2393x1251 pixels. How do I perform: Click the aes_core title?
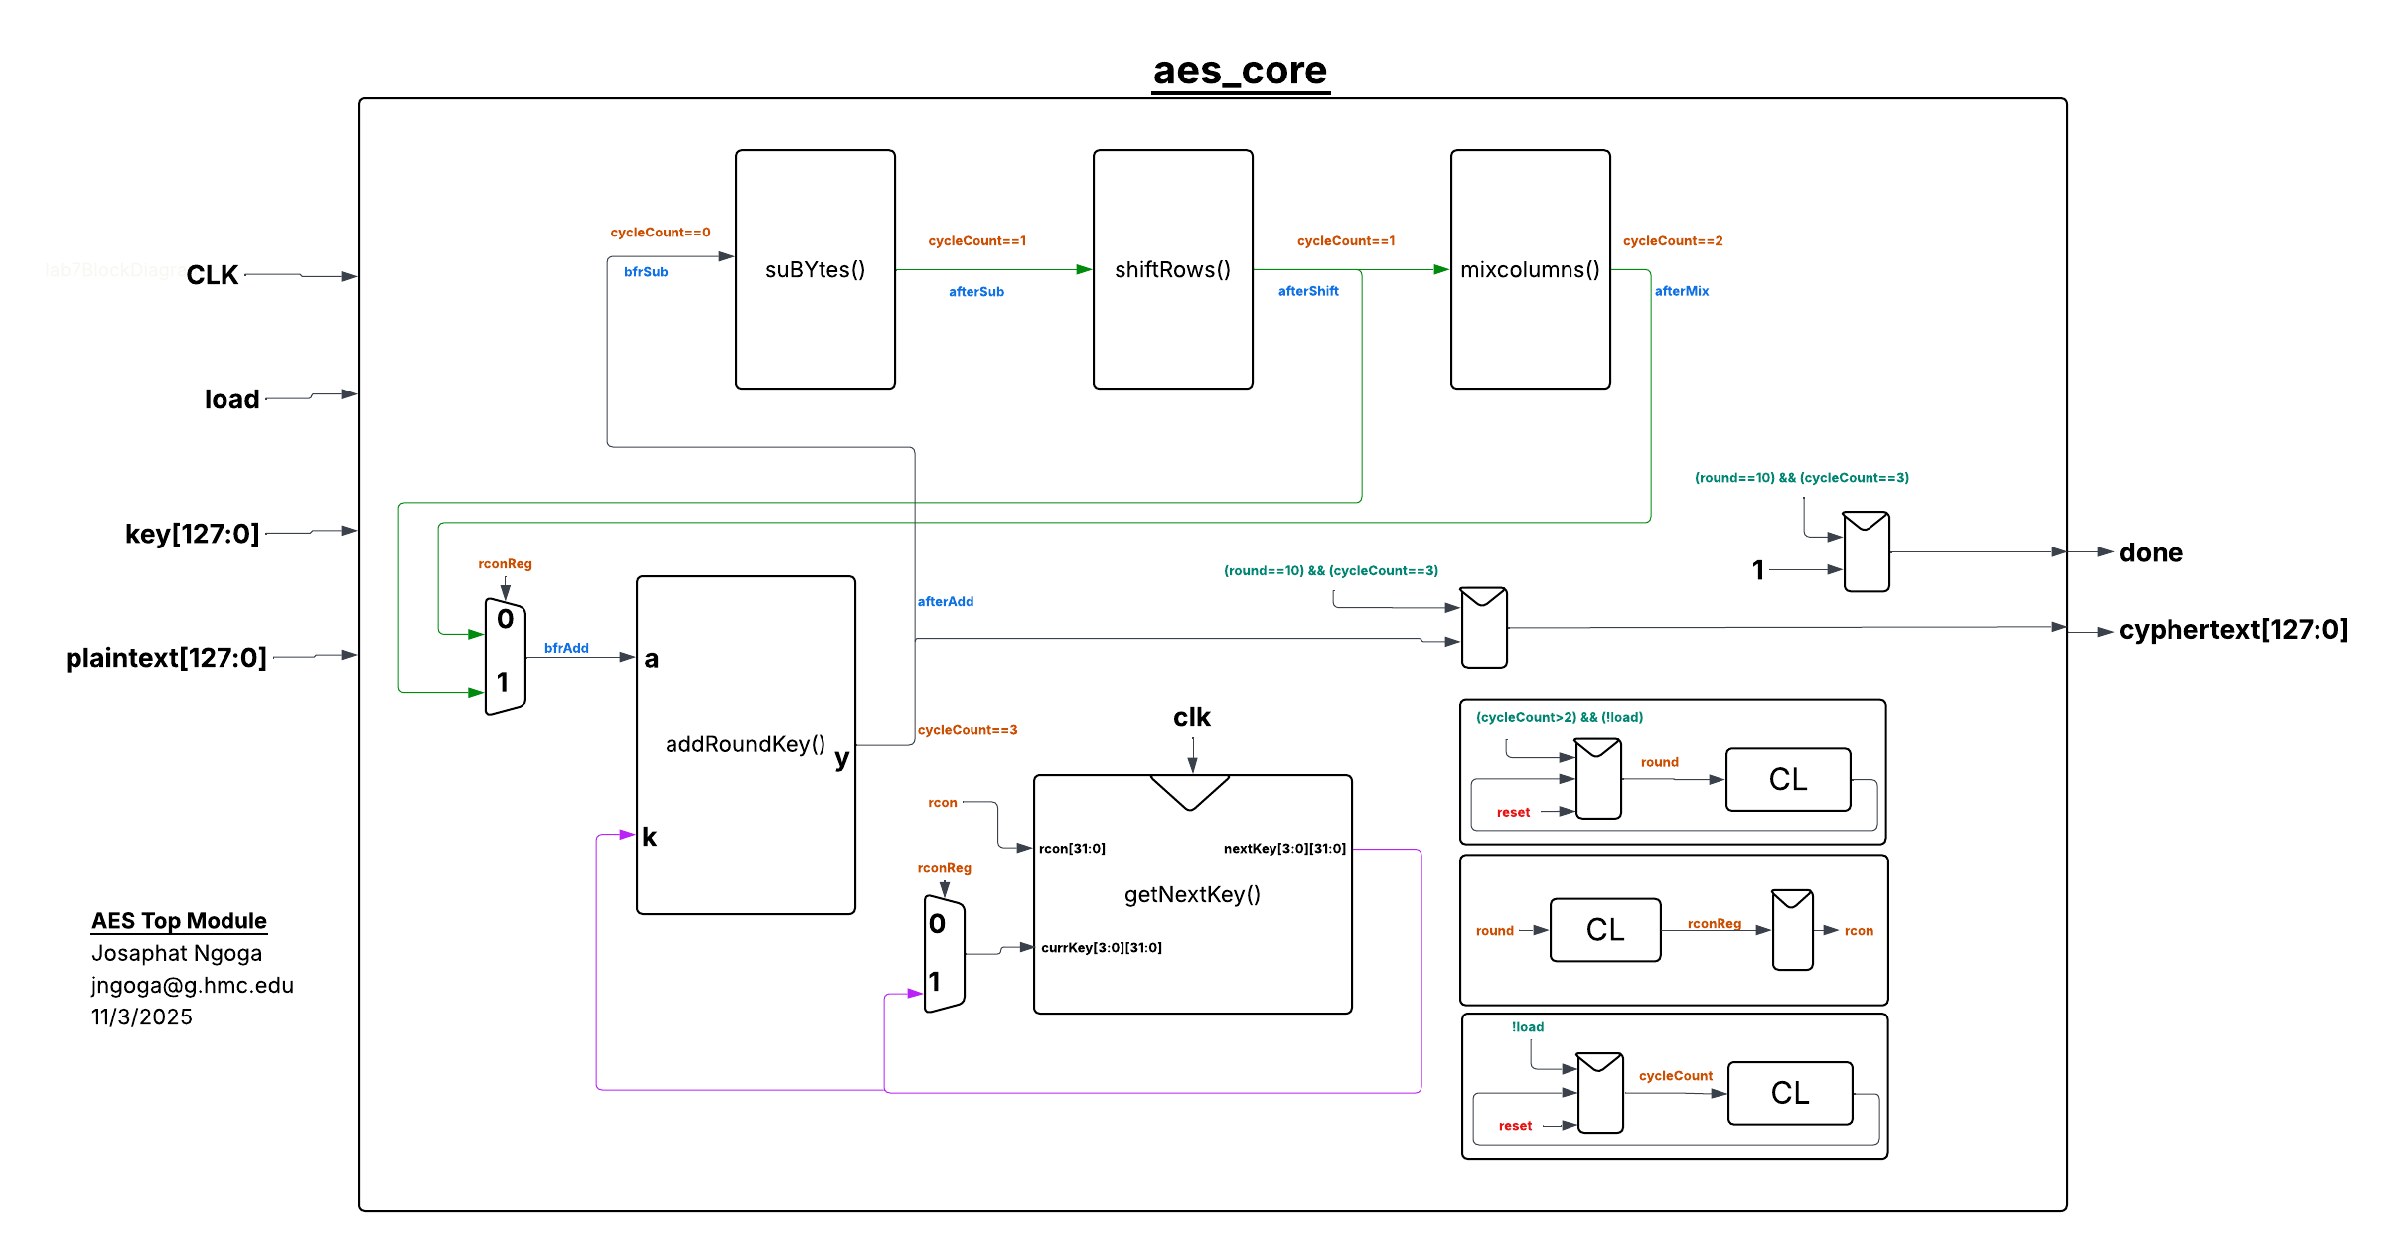(x=1240, y=71)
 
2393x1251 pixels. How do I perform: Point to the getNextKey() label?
(x=1192, y=894)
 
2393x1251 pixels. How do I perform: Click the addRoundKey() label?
(x=745, y=744)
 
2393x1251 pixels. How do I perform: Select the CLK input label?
(x=212, y=275)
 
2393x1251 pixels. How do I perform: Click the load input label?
(x=231, y=399)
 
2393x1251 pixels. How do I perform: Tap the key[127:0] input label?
(x=192, y=534)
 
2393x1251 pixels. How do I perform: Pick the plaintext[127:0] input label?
(x=166, y=658)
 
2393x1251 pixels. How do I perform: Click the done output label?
(x=2151, y=552)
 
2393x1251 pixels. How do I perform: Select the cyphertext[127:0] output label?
(x=2233, y=630)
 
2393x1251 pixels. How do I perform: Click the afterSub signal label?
(x=975, y=292)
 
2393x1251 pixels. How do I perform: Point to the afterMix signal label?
(x=1681, y=291)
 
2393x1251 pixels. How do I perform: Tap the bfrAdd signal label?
(x=566, y=648)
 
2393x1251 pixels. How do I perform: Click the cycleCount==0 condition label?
(x=660, y=233)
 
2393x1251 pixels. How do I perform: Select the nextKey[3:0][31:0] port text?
(x=1284, y=849)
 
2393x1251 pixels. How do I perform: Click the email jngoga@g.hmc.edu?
(x=193, y=985)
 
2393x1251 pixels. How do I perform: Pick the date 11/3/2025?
(x=142, y=1016)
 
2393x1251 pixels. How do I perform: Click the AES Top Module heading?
(x=179, y=921)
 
